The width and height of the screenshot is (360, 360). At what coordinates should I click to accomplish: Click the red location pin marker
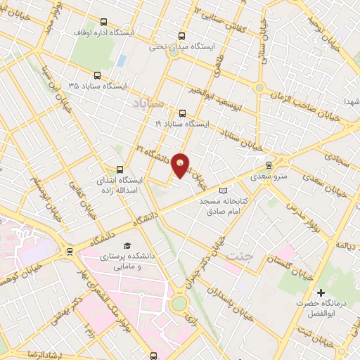coord(181,165)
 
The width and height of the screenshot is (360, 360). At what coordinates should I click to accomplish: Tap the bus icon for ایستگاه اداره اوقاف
coord(105,22)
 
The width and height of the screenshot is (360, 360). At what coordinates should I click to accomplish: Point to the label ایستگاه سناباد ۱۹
coord(182,124)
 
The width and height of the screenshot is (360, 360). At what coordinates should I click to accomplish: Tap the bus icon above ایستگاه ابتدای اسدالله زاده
coord(119,169)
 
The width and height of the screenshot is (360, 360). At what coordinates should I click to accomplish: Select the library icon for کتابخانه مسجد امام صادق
coord(224,191)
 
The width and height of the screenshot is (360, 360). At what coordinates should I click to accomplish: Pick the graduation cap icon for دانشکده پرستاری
coord(127,245)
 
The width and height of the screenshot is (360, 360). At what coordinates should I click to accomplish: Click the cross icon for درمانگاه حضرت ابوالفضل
coord(321,292)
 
